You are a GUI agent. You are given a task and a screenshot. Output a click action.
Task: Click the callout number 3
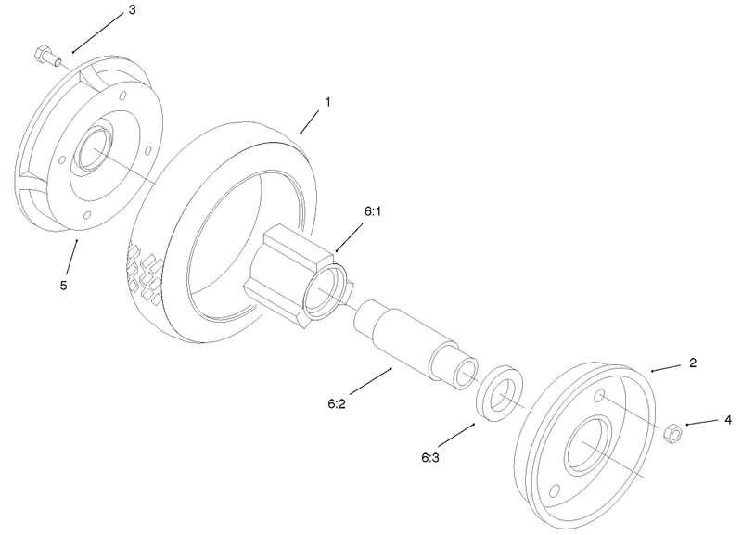pos(131,10)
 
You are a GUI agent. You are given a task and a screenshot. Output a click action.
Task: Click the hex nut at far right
pos(673,431)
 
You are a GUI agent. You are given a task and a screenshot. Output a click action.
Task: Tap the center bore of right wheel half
pos(591,450)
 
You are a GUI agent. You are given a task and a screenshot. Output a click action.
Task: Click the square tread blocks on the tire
pos(143,273)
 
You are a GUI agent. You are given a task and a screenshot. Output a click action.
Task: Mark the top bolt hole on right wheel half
pos(601,397)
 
